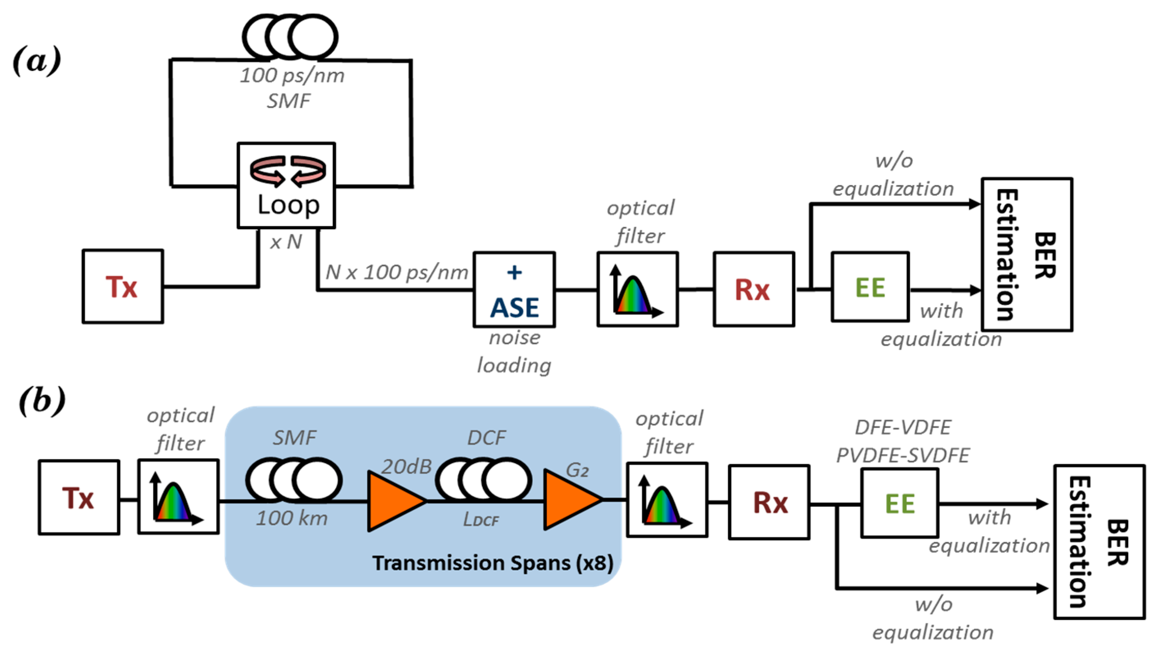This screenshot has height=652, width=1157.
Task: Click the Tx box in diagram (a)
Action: pyautogui.click(x=123, y=286)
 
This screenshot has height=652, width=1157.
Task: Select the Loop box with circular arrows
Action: pyautogui.click(x=286, y=185)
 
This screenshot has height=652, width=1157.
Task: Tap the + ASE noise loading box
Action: pyautogui.click(x=514, y=290)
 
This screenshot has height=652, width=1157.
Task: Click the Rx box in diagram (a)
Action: pyautogui.click(x=754, y=290)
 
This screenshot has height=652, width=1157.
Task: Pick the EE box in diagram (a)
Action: pyautogui.click(x=870, y=287)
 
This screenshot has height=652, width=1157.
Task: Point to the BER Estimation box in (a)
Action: pyautogui.click(x=1027, y=254)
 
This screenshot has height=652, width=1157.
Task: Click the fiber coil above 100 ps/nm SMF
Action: pyautogui.click(x=290, y=37)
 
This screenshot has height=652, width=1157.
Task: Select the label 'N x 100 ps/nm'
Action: pyautogui.click(x=396, y=272)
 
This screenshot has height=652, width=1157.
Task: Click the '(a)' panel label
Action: pyautogui.click(x=37, y=60)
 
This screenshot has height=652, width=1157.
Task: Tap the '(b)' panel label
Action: pyautogui.click(x=42, y=399)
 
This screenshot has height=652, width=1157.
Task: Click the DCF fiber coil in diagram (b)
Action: pyautogui.click(x=483, y=479)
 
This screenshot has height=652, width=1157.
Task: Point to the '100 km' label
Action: pyautogui.click(x=292, y=518)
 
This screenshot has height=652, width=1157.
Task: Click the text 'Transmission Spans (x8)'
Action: pyautogui.click(x=493, y=563)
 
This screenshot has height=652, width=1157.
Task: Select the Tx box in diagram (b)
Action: pyautogui.click(x=79, y=497)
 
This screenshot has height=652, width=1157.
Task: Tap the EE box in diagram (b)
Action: pyautogui.click(x=900, y=503)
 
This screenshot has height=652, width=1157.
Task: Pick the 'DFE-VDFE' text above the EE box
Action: pyautogui.click(x=903, y=427)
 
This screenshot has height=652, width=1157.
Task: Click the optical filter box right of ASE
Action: pyautogui.click(x=638, y=290)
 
